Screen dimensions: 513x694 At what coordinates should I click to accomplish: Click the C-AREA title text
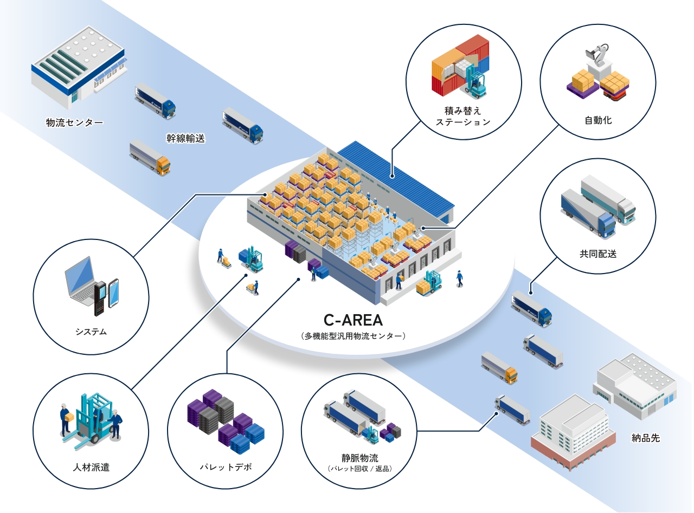click(x=353, y=319)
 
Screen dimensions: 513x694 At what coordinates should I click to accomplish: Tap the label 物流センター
click(x=74, y=122)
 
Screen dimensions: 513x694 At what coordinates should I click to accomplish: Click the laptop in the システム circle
click(x=80, y=282)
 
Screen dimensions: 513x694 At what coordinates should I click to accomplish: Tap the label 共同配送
click(x=597, y=253)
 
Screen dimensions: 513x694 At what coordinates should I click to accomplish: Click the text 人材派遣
click(x=91, y=467)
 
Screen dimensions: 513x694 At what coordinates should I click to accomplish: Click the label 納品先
click(x=646, y=438)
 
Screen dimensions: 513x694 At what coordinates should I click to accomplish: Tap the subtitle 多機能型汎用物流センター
click(x=353, y=336)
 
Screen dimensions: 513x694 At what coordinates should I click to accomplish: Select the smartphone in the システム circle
click(x=113, y=293)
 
